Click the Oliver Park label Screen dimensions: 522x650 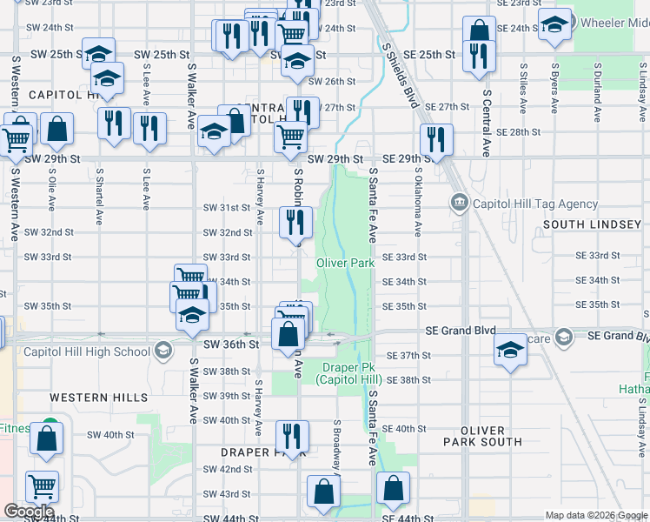point(344,263)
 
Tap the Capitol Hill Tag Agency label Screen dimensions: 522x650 point(531,204)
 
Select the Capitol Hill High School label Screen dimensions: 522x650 point(87,351)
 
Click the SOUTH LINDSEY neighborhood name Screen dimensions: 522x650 point(592,224)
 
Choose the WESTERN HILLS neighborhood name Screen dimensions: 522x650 point(98,398)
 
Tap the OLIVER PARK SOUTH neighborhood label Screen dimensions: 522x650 point(482,436)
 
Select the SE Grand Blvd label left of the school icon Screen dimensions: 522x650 point(460,331)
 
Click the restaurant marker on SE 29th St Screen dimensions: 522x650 point(436,139)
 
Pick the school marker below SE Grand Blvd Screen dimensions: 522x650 point(510,350)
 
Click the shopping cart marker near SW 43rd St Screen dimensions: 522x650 point(42,486)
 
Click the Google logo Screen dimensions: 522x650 point(29,511)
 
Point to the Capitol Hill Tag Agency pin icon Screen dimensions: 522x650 point(459,204)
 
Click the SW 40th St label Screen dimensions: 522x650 point(110,434)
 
